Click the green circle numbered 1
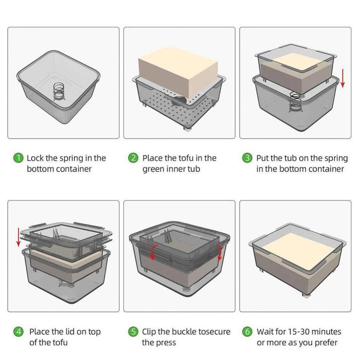18,158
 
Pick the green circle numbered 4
18,331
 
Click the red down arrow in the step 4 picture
18,238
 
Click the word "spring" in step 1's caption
72,159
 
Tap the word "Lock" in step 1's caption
35,158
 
